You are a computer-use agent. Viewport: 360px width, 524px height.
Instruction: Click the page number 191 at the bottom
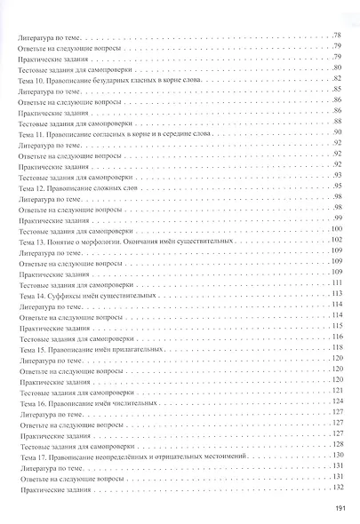pyautogui.click(x=338, y=508)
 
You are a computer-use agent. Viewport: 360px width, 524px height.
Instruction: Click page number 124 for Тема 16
pyautogui.click(x=336, y=401)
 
